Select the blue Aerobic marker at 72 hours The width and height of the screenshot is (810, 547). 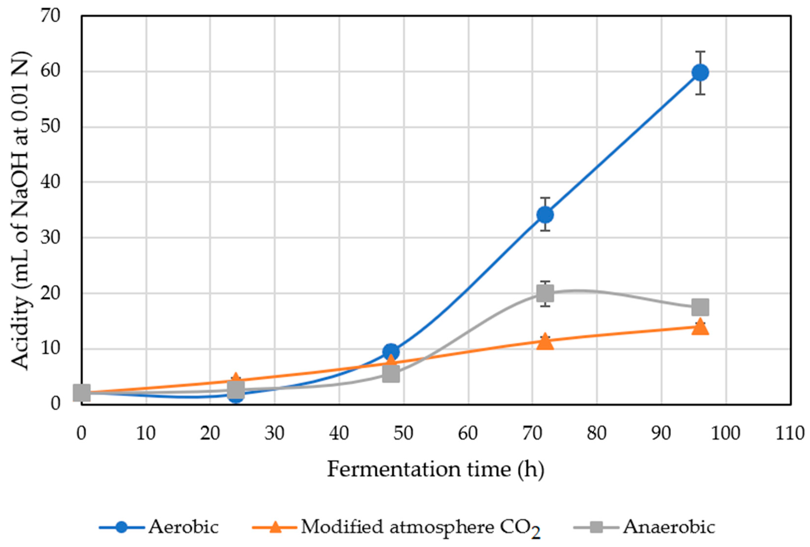pyautogui.click(x=545, y=214)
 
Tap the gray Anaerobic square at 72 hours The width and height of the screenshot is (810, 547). pyautogui.click(x=545, y=293)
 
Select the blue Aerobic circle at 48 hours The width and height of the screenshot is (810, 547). pyautogui.click(x=391, y=351)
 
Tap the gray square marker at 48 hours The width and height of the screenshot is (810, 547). pyautogui.click(x=391, y=374)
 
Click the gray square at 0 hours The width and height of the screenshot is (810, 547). pyautogui.click(x=82, y=393)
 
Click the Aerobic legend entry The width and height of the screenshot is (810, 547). pyautogui.click(x=183, y=527)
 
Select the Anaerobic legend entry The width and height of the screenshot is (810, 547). pyautogui.click(x=668, y=527)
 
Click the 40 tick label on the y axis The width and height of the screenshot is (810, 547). pyautogui.click(x=51, y=182)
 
